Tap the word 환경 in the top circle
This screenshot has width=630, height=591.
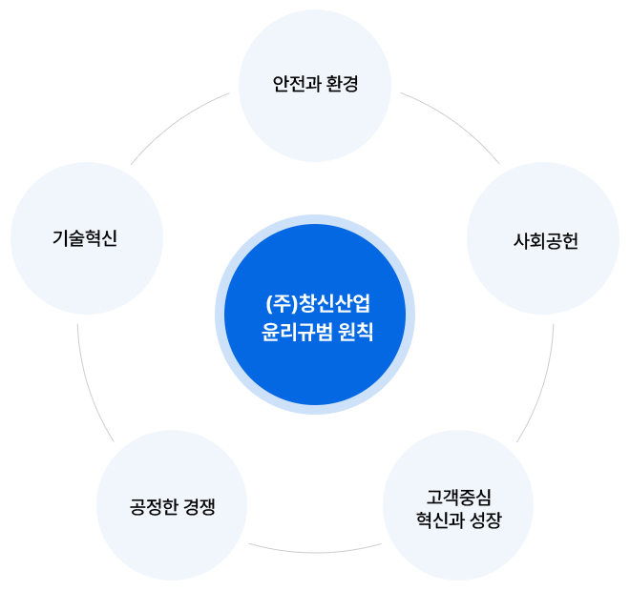pyautogui.click(x=343, y=84)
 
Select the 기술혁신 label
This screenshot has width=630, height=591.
pyautogui.click(x=85, y=238)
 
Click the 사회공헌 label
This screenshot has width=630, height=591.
pyautogui.click(x=546, y=241)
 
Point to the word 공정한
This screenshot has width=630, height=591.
pyautogui.click(x=154, y=506)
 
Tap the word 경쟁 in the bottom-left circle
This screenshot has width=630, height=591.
pyautogui.click(x=199, y=506)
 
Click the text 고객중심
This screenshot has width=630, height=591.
pyautogui.click(x=458, y=498)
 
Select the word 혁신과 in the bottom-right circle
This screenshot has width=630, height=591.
pyautogui.click(x=439, y=520)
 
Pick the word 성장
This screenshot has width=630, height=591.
pyautogui.click(x=486, y=520)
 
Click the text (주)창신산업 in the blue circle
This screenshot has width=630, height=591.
pyautogui.click(x=318, y=304)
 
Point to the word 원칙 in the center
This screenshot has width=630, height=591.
pyautogui.click(x=356, y=332)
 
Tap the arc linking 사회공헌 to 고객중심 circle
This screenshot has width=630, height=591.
pyautogui.click(x=541, y=386)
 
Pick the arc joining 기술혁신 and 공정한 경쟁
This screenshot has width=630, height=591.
pyautogui.click(x=90, y=386)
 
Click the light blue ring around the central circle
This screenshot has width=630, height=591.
pyautogui.click(x=220, y=315)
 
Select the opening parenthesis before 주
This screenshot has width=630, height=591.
pyautogui.click(x=269, y=304)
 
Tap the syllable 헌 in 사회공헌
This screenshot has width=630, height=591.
pyautogui.click(x=570, y=241)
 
